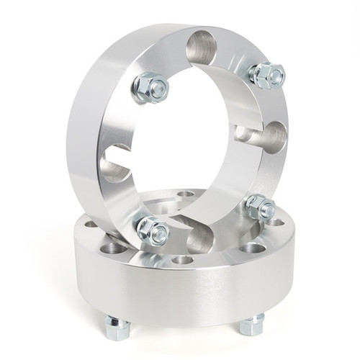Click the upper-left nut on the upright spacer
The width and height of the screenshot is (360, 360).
[x=150, y=87]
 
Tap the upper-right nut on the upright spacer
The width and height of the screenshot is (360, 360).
[x=267, y=74]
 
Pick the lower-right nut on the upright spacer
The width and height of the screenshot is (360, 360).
[x=260, y=208]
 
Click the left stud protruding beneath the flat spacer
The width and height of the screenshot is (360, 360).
[x=116, y=328]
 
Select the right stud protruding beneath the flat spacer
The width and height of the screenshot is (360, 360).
[x=252, y=325]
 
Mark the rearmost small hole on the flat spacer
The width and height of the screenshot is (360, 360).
[x=186, y=194]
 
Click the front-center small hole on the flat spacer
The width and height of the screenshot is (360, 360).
[x=183, y=259]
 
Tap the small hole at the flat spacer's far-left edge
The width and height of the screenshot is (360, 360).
[x=91, y=224]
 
